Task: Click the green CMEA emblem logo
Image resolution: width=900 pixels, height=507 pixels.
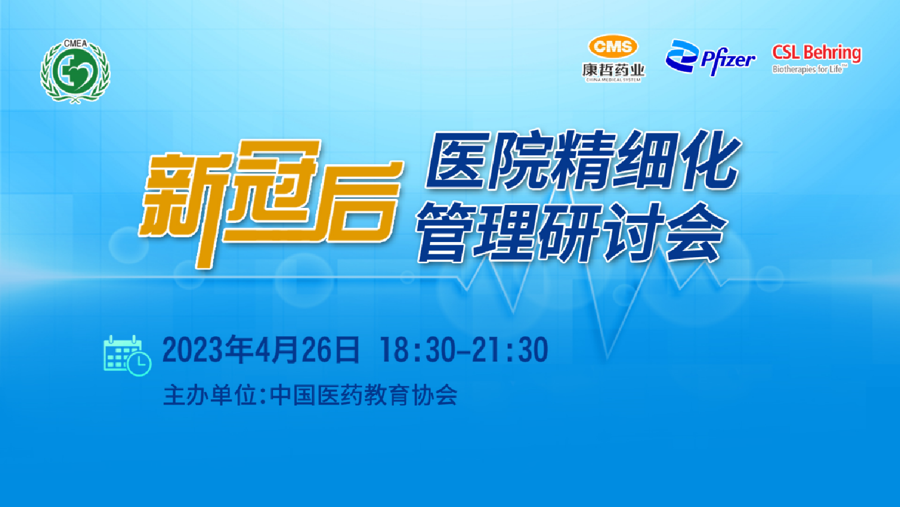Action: pos(75,71)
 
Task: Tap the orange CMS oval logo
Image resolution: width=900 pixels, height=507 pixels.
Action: pos(613,46)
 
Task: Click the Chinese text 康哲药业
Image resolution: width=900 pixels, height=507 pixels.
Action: pos(613,70)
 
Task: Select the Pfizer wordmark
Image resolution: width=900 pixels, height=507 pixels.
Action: pos(728,61)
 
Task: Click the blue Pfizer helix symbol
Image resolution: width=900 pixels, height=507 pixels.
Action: pos(682,56)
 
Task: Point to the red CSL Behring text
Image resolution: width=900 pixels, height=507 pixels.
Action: pos(817,53)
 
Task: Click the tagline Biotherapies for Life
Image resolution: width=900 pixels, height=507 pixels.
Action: pos(809,69)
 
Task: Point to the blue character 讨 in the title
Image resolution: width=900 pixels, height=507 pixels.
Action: pos(631,232)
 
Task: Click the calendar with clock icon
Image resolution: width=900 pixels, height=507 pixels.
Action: pos(127,356)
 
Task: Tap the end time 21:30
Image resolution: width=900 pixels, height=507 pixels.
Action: pos(510,350)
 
